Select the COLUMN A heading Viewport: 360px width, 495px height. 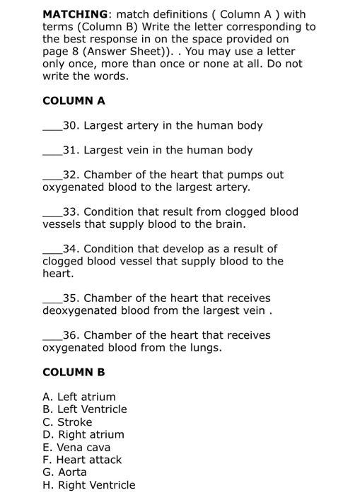74,100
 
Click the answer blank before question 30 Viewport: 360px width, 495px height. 52,129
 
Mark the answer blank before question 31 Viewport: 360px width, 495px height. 52,153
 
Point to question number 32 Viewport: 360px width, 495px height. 71,175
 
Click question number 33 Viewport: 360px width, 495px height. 71,211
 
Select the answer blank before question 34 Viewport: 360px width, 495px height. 52,252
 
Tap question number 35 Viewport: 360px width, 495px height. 71,298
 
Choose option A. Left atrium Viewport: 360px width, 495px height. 79,397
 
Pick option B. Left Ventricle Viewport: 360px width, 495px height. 85,409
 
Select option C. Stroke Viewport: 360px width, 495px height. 67,422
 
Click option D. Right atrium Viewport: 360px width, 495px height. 83,434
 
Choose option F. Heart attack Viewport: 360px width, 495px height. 82,460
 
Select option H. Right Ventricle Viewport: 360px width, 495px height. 88,485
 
